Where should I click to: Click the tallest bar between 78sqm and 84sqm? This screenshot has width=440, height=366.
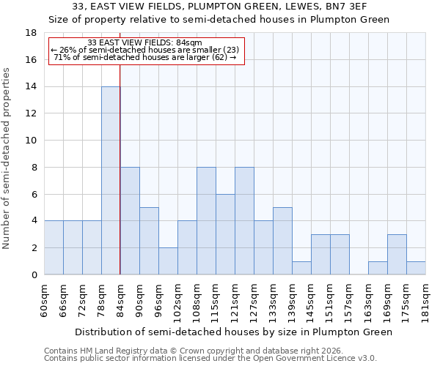[111, 181]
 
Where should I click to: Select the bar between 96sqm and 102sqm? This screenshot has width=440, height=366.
[168, 261]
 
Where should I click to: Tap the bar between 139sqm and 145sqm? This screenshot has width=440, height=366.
[301, 268]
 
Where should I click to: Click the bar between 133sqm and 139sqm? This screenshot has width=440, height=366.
[282, 241]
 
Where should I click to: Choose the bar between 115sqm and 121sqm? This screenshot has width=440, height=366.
[225, 234]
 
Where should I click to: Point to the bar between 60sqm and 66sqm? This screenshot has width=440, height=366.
[54, 247]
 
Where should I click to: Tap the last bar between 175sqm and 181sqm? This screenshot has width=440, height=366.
[416, 268]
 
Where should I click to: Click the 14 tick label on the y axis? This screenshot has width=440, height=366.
[31, 87]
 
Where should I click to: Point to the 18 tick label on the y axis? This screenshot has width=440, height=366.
[31, 33]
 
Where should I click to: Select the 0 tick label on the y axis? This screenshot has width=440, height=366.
[34, 275]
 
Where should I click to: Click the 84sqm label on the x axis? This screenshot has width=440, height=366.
[120, 299]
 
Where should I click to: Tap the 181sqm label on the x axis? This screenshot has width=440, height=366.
[425, 301]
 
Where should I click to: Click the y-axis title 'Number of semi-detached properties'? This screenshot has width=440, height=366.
[7, 158]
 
